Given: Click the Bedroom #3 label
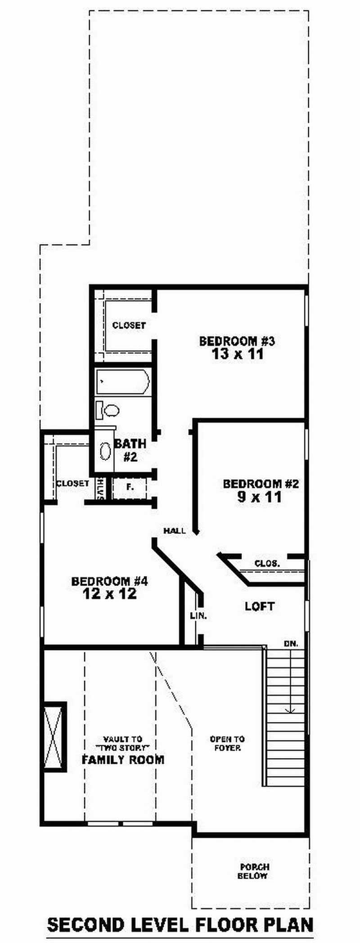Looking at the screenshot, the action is pos(237,341).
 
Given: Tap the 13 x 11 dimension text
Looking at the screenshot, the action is pos(237,354).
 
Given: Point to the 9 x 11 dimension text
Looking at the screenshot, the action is pos(260,497).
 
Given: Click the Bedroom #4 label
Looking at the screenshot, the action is pos(109,581).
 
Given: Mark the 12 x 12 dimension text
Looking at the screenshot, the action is pos(109,594).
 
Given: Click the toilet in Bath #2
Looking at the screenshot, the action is pos(107,410).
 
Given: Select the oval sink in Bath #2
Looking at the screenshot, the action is pos(105,451).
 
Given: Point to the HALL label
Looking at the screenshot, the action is pos(175,531).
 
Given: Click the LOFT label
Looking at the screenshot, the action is pos(260,606).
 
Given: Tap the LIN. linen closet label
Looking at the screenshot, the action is pos(198,616).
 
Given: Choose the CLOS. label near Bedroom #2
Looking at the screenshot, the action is pos(267,563).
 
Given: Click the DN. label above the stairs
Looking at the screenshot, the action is pos(291,644).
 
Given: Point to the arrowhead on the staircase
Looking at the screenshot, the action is pos(291,710).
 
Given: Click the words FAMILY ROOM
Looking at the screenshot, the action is pos(123,760).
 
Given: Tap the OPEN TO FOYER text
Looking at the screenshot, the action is pos(227,743).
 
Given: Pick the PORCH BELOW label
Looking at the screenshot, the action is pos(255,871).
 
